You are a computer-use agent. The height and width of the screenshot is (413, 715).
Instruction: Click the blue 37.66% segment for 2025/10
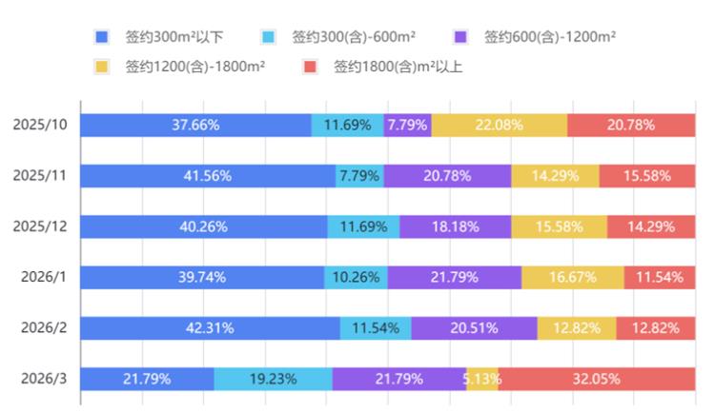(195, 125)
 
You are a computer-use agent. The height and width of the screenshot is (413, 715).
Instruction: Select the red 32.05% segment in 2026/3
(596, 379)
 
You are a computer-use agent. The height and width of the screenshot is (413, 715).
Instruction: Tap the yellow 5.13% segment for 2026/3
(482, 379)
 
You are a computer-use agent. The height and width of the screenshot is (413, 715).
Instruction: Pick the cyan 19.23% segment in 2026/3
(273, 379)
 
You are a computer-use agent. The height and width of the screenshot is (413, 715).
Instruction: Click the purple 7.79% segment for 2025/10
(407, 125)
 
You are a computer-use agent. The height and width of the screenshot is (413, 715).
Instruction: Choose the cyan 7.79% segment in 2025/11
(359, 175)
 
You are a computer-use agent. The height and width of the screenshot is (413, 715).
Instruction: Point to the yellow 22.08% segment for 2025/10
(499, 125)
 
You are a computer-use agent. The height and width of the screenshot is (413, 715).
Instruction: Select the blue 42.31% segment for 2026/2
(210, 328)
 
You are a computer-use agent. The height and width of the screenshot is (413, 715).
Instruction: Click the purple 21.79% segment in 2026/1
(454, 277)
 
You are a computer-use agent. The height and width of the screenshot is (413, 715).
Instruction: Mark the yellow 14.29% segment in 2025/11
(555, 175)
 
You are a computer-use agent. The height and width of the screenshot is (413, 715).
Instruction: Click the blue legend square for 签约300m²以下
(102, 37)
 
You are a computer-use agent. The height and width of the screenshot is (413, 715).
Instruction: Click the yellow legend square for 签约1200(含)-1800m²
(102, 67)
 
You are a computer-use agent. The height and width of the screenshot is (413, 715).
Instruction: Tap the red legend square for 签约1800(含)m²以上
(309, 67)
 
